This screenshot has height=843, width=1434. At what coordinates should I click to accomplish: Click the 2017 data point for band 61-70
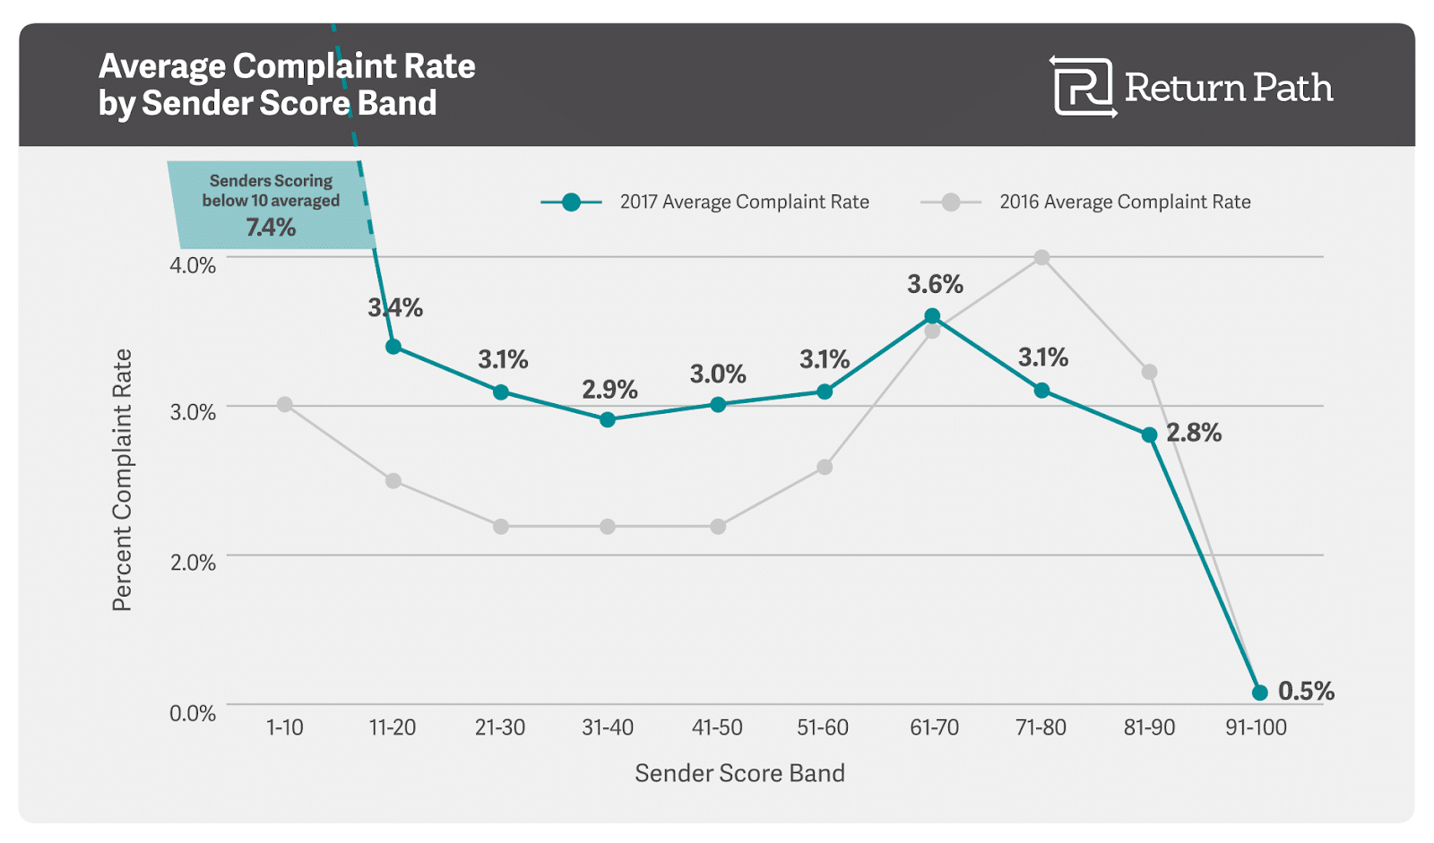[x=932, y=315]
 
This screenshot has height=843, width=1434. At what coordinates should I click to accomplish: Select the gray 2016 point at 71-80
[x=1041, y=258]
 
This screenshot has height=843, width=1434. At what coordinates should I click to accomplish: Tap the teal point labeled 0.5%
[x=1259, y=692]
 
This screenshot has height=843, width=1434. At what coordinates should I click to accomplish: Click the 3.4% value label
[x=395, y=308]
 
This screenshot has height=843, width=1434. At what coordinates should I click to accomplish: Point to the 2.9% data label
[x=609, y=390]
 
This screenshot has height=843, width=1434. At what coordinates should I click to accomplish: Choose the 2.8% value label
[x=1194, y=433]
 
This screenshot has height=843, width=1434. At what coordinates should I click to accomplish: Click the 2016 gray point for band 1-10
[x=285, y=405]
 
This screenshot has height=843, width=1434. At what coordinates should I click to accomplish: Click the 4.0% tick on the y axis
[x=193, y=266]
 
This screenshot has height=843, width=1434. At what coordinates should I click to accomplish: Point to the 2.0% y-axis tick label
[x=193, y=563]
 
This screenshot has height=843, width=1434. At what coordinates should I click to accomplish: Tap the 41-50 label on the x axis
[x=717, y=727]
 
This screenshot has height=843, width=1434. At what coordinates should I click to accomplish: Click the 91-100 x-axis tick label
[x=1256, y=727]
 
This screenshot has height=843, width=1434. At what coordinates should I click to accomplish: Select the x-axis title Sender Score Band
[x=739, y=773]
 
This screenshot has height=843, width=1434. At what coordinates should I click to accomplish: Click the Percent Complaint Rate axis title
[x=122, y=480]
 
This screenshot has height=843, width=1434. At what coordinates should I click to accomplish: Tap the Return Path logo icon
[x=1083, y=87]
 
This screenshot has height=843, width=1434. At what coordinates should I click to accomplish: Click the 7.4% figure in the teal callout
[x=271, y=228]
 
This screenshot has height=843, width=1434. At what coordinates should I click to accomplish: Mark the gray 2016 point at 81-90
[x=1149, y=372]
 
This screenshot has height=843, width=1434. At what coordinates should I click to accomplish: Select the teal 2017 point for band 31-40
[x=608, y=419]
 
